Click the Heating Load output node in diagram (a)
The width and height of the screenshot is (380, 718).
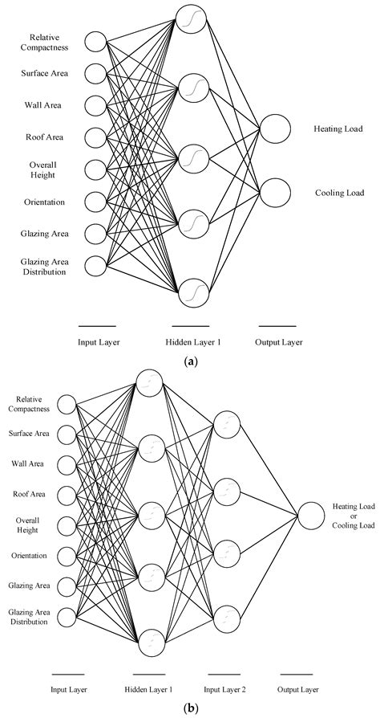point(275,129)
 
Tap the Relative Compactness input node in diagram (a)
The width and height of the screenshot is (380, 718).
point(96,42)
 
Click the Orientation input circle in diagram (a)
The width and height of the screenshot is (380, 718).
point(96,202)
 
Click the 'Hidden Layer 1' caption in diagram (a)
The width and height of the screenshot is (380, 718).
point(192,342)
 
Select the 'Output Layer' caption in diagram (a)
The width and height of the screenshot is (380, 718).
point(279,342)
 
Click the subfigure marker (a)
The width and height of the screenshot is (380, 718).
point(190,362)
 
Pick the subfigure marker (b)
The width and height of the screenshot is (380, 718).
point(190,709)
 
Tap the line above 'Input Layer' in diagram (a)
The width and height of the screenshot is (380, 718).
point(98,325)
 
